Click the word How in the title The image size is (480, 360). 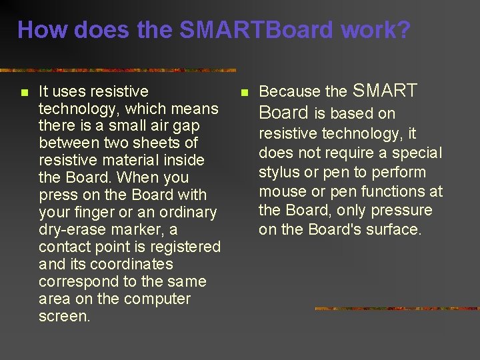coord(43,30)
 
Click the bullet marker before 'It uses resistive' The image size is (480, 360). coord(24,92)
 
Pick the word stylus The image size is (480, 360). coord(279,172)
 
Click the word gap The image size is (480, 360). coord(187,125)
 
